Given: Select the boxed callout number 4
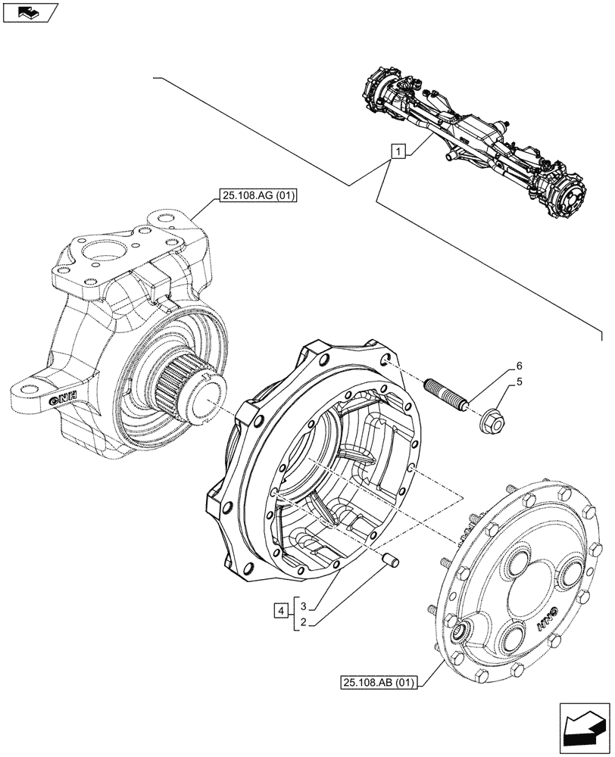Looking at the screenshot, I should click(x=281, y=609).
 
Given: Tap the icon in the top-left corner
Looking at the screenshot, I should click(x=29, y=11).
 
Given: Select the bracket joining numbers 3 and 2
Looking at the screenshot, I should click(x=294, y=614).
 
